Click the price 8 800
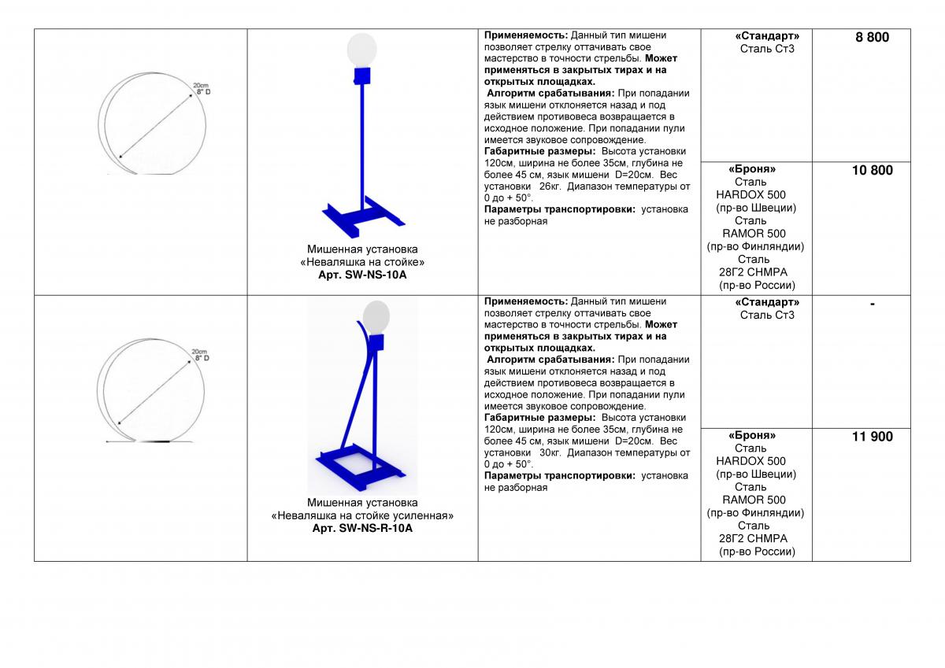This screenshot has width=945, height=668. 872,37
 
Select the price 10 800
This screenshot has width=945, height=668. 872,170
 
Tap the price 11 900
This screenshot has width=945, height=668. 872,437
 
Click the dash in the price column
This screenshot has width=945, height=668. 872,304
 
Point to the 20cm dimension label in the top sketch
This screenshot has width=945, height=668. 199,85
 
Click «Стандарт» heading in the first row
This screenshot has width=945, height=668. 767,36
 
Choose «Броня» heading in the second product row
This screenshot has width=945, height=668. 752,435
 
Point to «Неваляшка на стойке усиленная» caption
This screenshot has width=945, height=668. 362,516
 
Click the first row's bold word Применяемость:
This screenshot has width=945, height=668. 526,35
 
